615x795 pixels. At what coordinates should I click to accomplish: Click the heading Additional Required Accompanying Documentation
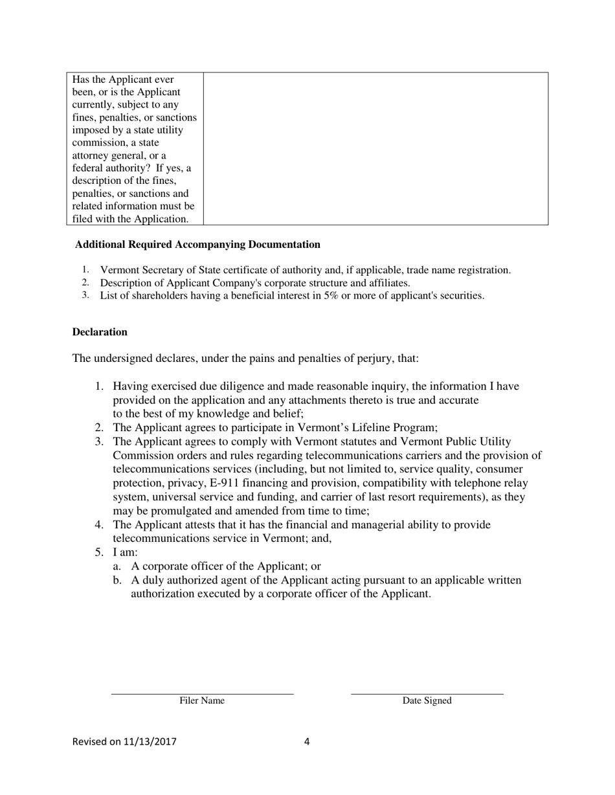pos(197,245)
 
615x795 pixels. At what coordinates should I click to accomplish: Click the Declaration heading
pos(100,332)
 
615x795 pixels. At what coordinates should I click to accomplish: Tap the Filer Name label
pos(202,701)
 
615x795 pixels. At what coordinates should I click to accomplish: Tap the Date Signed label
pos(427,701)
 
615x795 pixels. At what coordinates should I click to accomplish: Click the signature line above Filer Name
pos(202,694)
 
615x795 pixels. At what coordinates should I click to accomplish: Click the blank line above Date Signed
pos(427,694)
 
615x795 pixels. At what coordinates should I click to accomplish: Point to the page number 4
pos(307,742)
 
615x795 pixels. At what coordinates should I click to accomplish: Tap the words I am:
pos(126,552)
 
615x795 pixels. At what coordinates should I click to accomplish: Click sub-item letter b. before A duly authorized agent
pos(117,580)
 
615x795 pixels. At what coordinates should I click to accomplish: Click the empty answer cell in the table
pos(375,148)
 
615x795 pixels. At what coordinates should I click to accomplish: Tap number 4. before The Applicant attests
pos(100,524)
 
